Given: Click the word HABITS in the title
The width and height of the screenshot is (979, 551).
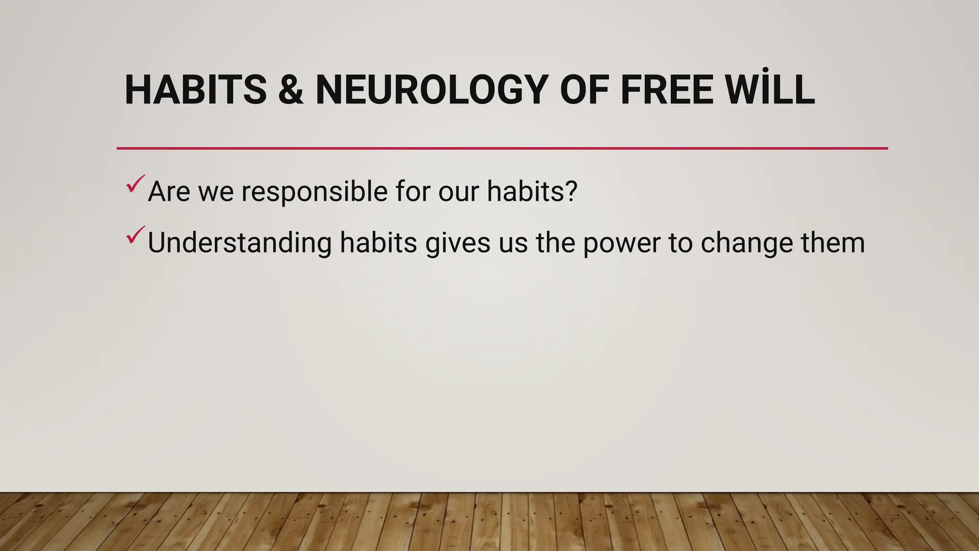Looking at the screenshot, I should pyautogui.click(x=196, y=90).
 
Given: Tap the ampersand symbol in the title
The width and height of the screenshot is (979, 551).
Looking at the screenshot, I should pyautogui.click(x=291, y=90).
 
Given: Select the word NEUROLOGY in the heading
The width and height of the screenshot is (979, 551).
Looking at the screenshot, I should pyautogui.click(x=432, y=90).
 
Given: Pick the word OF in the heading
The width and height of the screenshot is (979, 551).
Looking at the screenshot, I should pyautogui.click(x=584, y=90).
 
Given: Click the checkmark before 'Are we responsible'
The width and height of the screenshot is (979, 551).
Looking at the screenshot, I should pyautogui.click(x=135, y=184).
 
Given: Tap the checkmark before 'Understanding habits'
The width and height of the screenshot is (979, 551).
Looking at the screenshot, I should pyautogui.click(x=135, y=235).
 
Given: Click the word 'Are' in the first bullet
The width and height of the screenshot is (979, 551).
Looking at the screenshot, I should pyautogui.click(x=169, y=191).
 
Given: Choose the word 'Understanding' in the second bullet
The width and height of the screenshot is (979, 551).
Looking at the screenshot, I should pyautogui.click(x=239, y=243).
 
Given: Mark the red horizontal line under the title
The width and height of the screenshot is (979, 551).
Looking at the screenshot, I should pyautogui.click(x=502, y=148).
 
